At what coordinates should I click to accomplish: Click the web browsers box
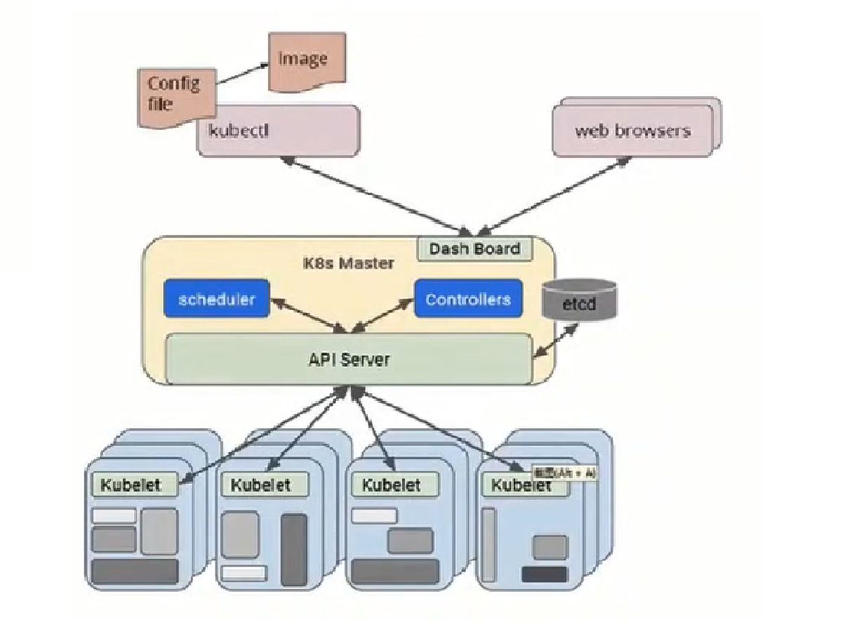632,131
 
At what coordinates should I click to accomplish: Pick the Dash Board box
475,249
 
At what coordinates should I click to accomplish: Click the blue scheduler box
216,299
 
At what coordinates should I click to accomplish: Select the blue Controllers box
468,299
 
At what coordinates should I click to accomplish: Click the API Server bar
349,359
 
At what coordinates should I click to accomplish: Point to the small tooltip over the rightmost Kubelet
565,473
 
